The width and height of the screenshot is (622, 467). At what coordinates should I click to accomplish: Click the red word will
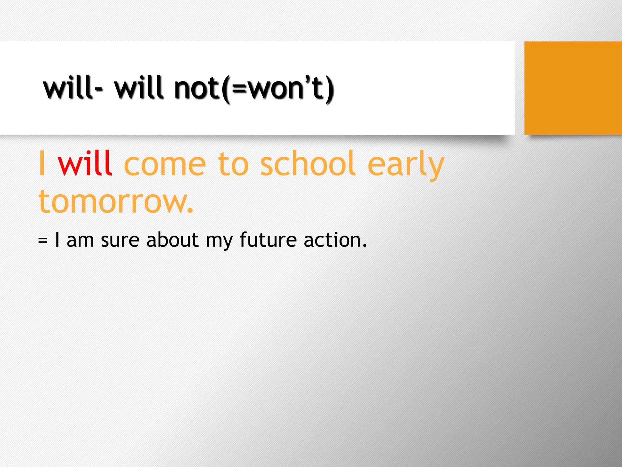(85, 164)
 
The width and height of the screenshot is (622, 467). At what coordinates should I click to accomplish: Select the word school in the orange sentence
(308, 164)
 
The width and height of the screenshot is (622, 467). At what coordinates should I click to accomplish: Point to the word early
(406, 166)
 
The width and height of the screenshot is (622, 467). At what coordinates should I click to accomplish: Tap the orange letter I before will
(42, 164)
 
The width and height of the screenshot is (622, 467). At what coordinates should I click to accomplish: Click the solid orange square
(573, 88)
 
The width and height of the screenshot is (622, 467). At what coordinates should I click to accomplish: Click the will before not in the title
(139, 88)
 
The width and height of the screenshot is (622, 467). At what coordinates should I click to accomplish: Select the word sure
(120, 240)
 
